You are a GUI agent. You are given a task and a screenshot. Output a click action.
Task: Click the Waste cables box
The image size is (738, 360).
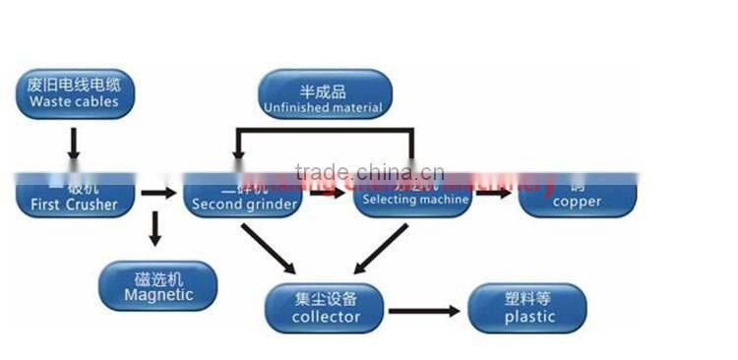74,92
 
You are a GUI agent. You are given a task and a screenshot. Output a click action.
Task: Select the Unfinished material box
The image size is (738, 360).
324,93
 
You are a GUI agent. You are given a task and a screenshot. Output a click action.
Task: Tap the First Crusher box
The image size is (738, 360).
74,197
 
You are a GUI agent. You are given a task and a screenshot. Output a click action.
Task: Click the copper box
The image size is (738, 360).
578,197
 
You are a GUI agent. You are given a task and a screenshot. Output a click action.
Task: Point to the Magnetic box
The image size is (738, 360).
157,286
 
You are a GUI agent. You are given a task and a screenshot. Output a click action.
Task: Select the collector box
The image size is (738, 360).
326,309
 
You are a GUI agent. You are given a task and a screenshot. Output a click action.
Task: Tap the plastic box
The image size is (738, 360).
529,309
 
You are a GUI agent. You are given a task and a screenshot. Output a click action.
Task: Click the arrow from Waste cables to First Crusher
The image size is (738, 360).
73,145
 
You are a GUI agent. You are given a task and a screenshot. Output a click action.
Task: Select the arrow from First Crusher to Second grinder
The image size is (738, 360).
157,193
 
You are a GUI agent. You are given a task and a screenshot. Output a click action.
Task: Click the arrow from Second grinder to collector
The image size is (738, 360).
268,248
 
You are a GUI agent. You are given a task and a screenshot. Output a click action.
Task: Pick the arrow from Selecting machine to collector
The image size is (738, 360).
380,248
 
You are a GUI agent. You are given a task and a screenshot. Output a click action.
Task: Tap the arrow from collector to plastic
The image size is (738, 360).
423,312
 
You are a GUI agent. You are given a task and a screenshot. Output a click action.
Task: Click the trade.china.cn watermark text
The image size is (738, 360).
369,172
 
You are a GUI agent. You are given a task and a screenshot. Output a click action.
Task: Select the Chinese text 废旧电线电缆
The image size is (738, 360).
74,84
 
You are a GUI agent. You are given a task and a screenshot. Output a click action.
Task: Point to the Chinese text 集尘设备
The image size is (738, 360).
326,298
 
